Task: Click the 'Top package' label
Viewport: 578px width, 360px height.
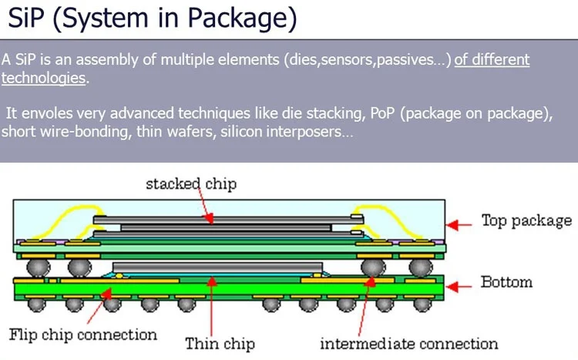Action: point(526,220)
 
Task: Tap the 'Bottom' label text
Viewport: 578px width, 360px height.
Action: point(506,282)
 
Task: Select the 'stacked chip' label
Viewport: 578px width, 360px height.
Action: point(191,183)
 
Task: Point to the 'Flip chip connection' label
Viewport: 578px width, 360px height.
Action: point(83,335)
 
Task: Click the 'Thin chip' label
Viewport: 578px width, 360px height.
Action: point(220,343)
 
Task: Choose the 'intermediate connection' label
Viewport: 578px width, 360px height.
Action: point(408,344)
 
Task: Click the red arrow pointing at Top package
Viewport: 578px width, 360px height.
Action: point(459,224)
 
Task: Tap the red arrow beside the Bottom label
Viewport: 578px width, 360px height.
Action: point(459,286)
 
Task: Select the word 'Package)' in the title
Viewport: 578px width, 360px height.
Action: point(242,19)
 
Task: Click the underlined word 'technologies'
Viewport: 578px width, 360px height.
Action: point(43,78)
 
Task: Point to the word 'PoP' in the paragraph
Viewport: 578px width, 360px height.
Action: point(383,113)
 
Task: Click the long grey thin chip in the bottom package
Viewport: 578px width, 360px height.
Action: point(217,267)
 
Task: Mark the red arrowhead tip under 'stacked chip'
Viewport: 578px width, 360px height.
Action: point(210,223)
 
